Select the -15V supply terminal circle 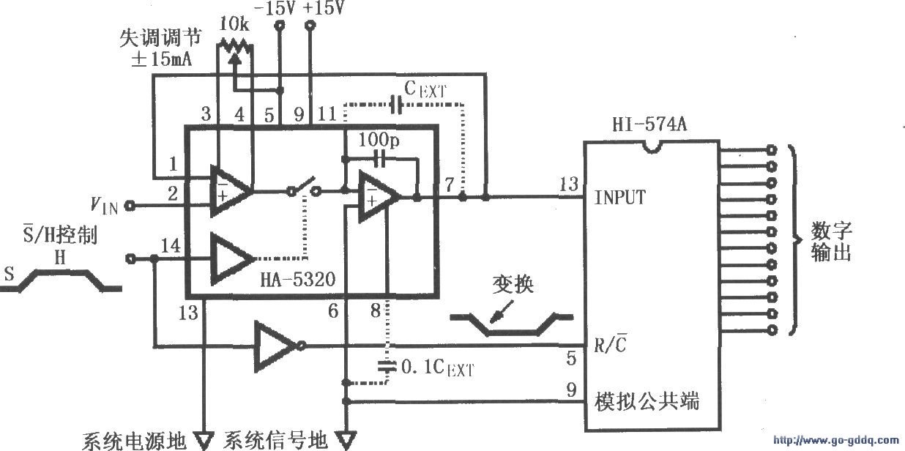coord(279,26)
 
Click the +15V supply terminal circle coord(310,26)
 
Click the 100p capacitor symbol coord(379,157)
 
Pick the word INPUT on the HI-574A coord(620,197)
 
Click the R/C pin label coord(610,344)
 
